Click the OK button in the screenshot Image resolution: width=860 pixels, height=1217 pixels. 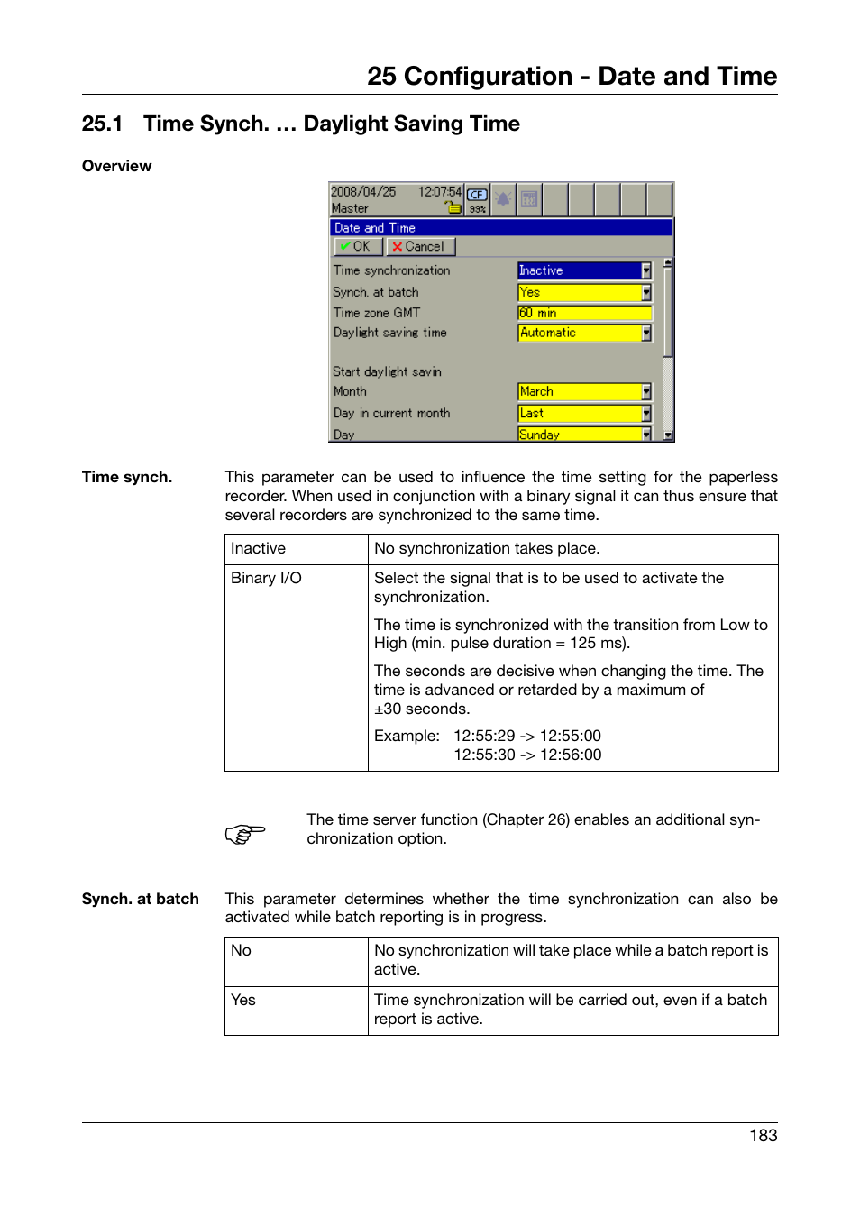[358, 246]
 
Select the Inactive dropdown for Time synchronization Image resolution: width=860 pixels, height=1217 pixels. [583, 270]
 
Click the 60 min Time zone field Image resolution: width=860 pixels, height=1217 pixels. [583, 313]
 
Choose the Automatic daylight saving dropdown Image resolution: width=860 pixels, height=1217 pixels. [583, 333]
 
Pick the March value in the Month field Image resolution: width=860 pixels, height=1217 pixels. [583, 391]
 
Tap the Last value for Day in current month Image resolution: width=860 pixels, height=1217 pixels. [583, 413]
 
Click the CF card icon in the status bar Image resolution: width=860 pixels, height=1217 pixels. [477, 195]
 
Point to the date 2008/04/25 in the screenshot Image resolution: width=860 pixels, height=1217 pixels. [363, 191]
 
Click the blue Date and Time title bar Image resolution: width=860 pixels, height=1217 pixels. [501, 228]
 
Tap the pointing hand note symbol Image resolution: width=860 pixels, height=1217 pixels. [245, 833]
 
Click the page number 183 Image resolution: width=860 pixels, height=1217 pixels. [763, 1136]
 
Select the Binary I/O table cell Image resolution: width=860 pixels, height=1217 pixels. [266, 578]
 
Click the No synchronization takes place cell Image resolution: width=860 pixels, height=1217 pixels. [487, 548]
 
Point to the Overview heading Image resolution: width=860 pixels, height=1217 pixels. [116, 166]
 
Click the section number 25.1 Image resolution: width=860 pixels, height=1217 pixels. [102, 124]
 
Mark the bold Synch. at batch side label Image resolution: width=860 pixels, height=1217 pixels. [140, 899]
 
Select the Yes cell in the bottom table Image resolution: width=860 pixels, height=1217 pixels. [243, 1000]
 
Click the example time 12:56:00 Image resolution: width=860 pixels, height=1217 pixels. [571, 755]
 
